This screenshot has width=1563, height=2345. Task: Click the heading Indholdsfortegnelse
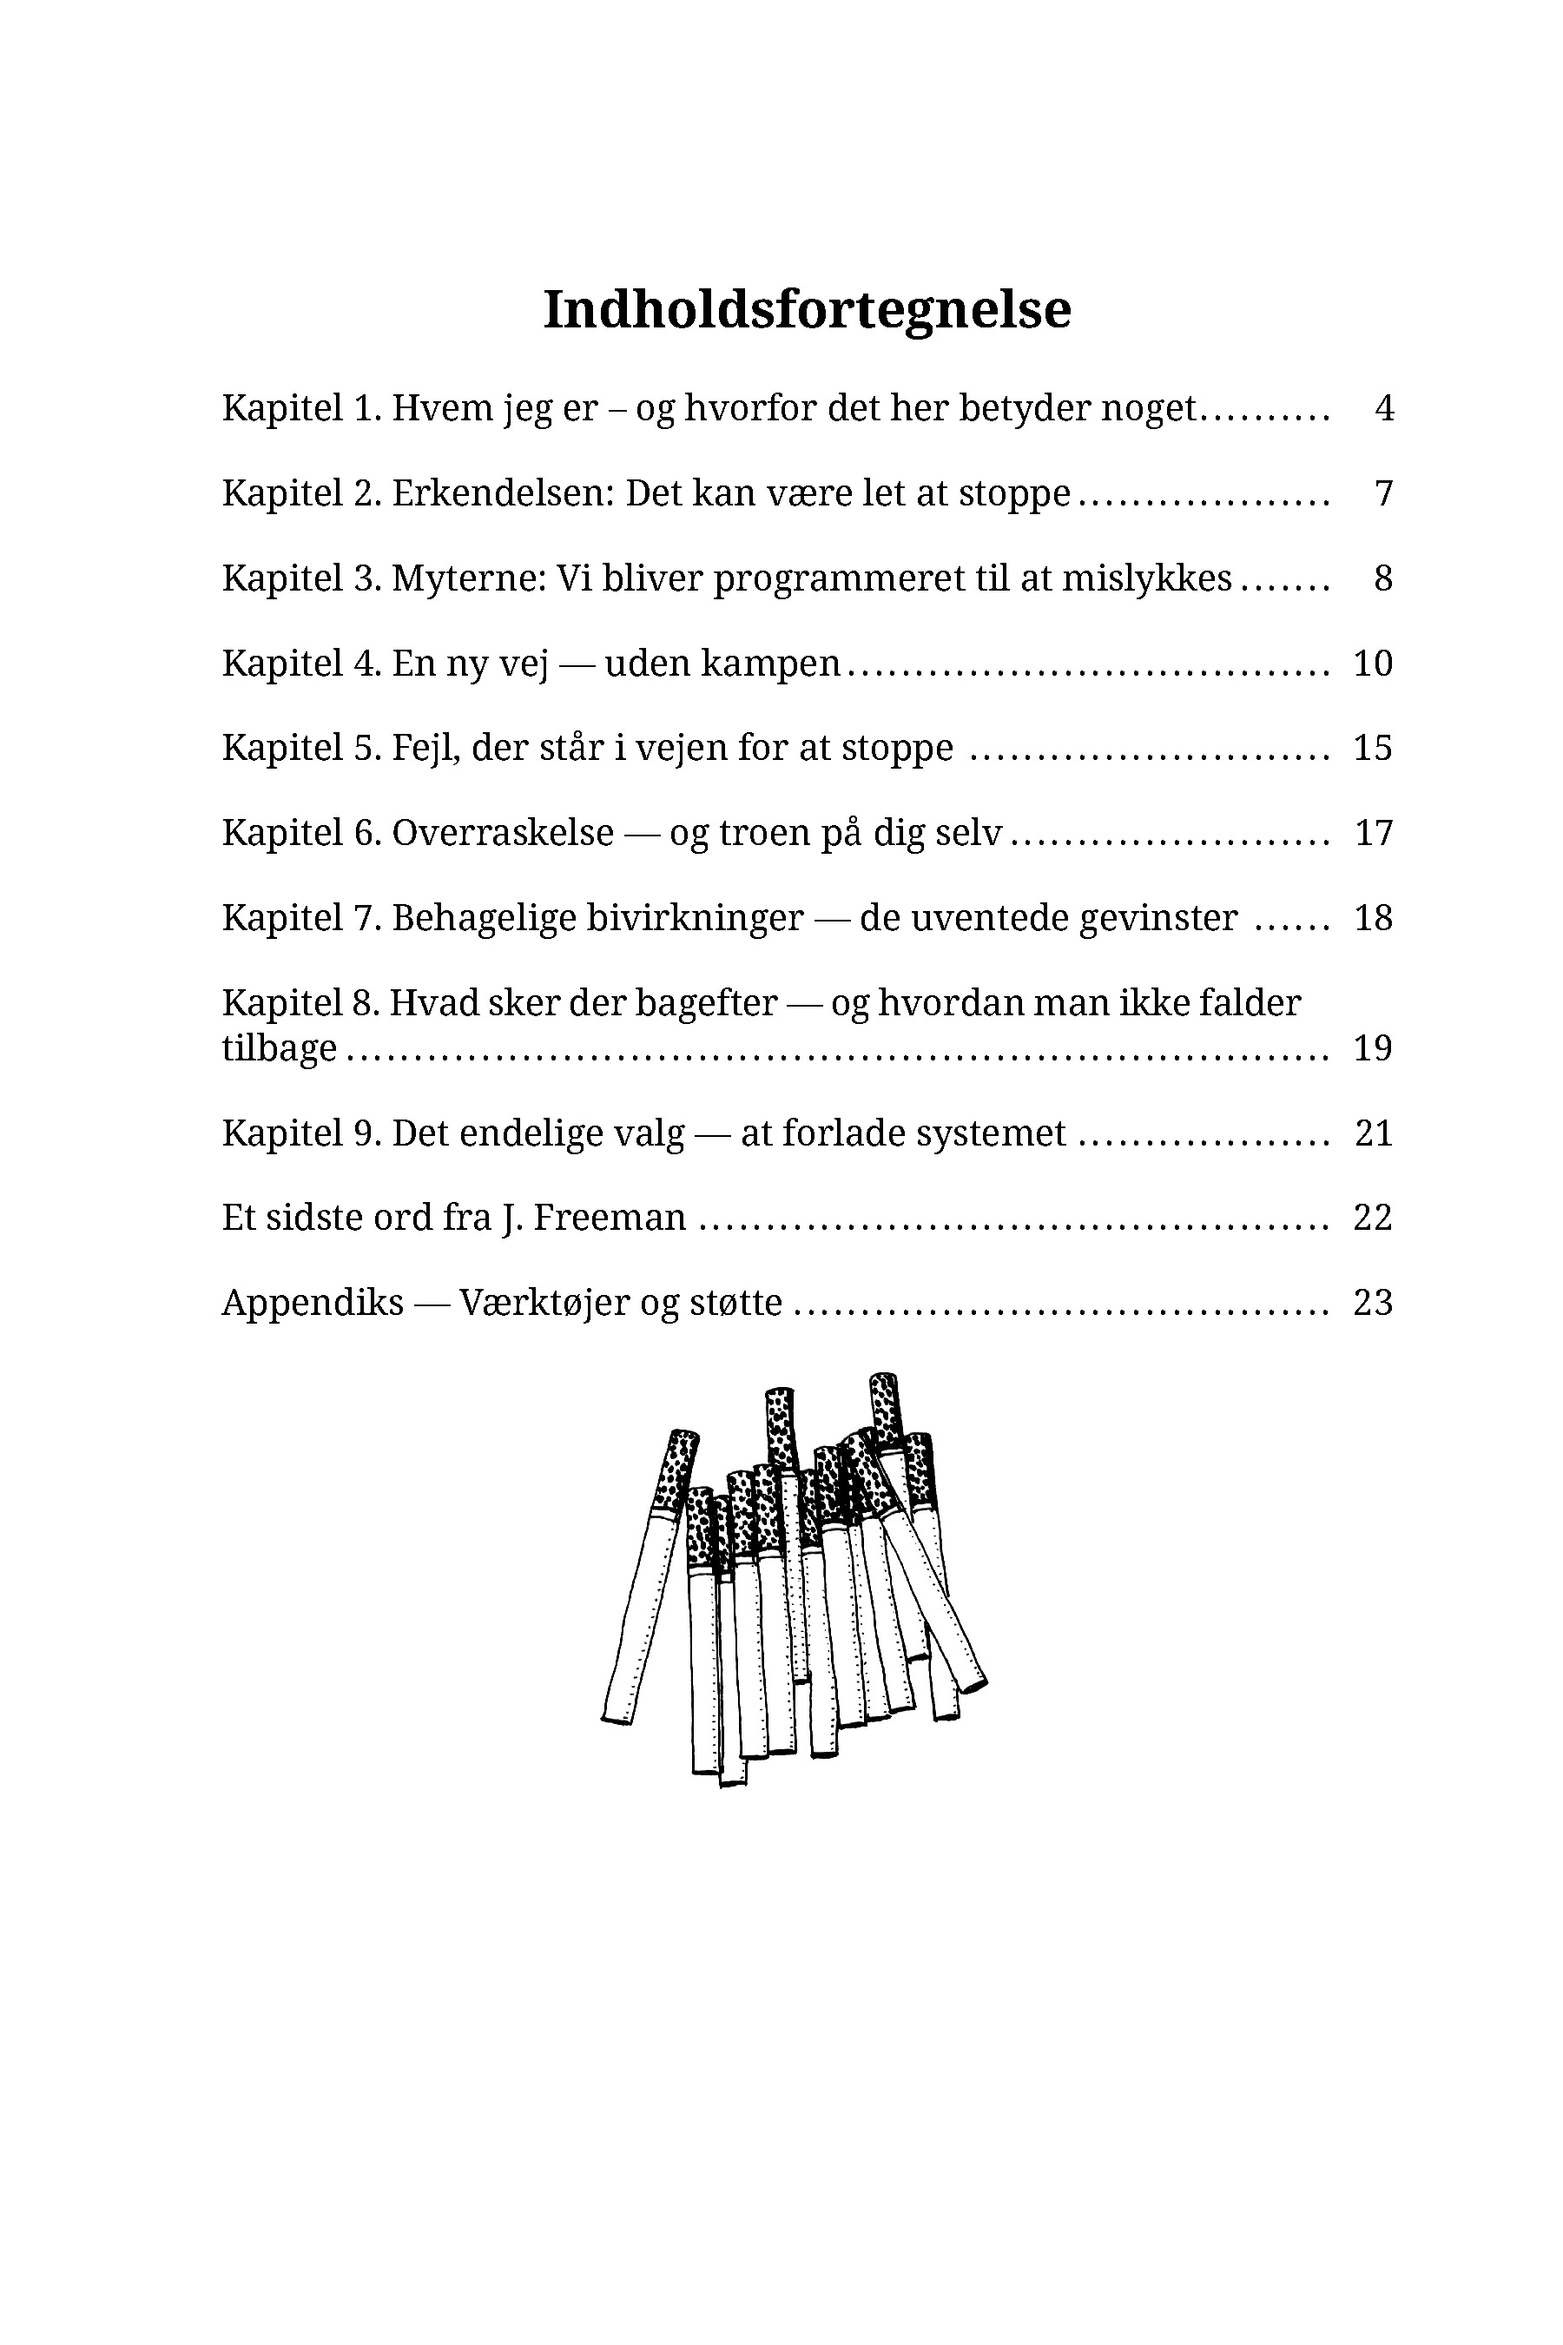[807, 309]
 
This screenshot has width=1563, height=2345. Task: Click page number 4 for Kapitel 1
[1383, 408]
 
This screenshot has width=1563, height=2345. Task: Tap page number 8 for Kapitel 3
[1383, 578]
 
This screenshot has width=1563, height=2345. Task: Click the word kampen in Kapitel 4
[772, 663]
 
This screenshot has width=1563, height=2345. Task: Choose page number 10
[1373, 663]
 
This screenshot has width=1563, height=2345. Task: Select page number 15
[1373, 748]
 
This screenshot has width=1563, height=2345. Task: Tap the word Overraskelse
[503, 833]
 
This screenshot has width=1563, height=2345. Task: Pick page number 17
[1373, 833]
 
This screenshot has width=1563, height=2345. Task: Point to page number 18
[1373, 917]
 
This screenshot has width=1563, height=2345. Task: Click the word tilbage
[279, 1049]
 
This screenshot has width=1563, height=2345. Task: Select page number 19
[1373, 1049]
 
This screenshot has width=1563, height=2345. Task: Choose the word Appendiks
[312, 1303]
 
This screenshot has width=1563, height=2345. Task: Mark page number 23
[1373, 1303]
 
